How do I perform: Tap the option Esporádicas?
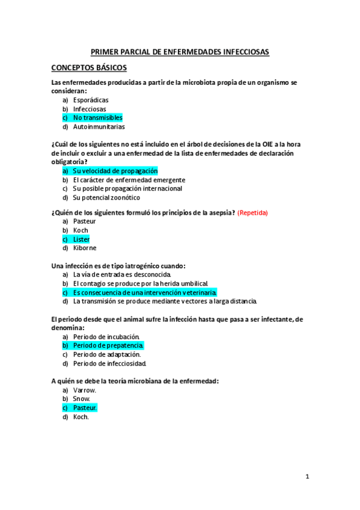click(x=91, y=100)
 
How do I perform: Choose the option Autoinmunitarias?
click(x=99, y=127)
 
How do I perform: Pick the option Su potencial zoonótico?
click(x=106, y=197)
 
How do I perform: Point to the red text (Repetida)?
click(x=253, y=212)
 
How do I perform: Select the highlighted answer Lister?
click(x=81, y=239)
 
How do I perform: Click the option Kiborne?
click(x=84, y=248)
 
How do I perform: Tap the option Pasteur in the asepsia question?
click(x=84, y=221)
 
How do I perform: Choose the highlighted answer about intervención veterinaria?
click(x=144, y=292)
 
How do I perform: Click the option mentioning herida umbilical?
click(x=141, y=283)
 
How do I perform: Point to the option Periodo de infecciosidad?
click(x=109, y=363)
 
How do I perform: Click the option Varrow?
click(x=85, y=390)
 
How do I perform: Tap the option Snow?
click(x=82, y=399)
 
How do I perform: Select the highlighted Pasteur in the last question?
click(x=85, y=408)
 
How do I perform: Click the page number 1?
click(x=307, y=477)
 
